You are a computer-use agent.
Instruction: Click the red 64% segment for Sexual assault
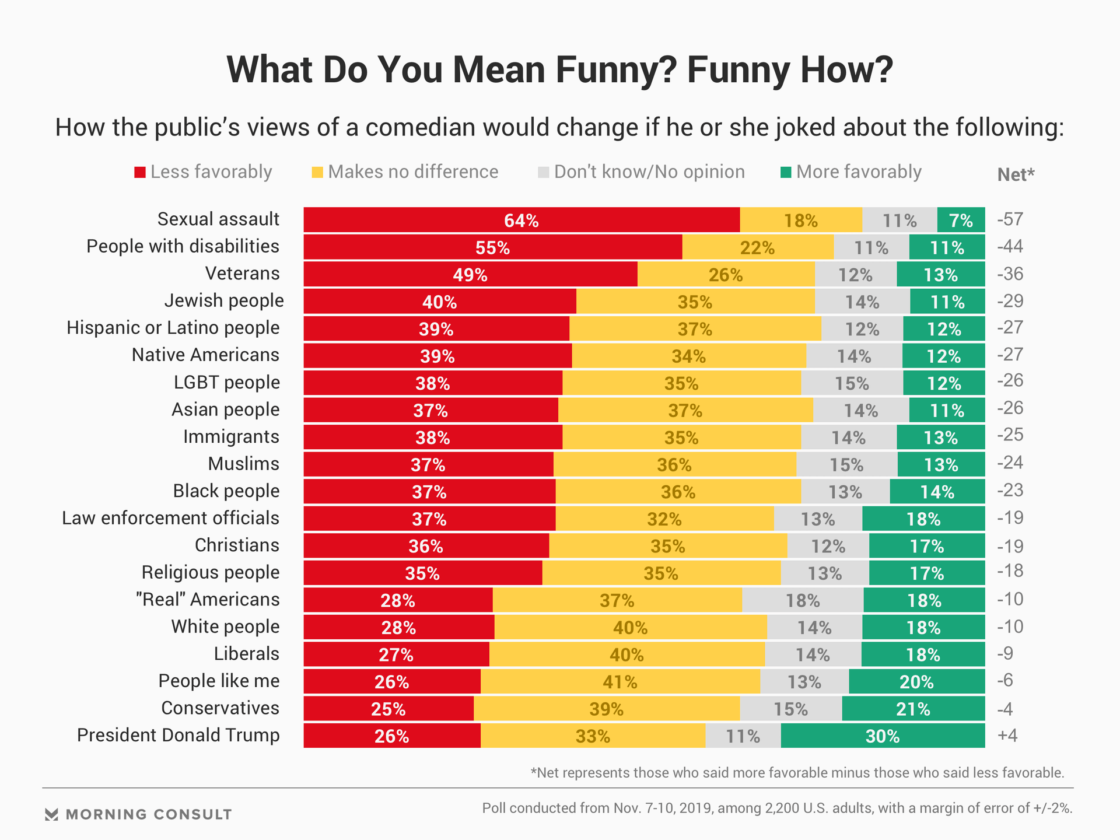521,220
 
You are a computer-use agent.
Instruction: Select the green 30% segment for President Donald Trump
883,736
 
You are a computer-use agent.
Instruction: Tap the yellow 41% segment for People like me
620,681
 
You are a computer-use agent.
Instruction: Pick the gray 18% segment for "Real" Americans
803,600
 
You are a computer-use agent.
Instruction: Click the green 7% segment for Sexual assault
961,220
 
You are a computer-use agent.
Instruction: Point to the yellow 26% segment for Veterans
726,274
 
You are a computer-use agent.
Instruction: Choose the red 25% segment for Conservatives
388,709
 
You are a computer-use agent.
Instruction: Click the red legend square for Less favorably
140,173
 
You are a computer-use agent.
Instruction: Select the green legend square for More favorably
786,173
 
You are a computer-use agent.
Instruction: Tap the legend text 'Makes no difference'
413,172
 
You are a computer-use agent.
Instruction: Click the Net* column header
1016,174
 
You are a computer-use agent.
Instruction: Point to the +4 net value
1007,735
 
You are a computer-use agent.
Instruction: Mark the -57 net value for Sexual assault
1010,219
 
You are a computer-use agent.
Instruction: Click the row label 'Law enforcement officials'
170,518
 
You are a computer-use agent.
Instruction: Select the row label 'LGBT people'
227,383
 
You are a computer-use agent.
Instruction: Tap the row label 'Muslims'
244,464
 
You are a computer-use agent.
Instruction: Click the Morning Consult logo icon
51,814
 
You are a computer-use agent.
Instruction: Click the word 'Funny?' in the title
615,70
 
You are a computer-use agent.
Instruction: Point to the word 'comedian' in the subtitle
420,127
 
